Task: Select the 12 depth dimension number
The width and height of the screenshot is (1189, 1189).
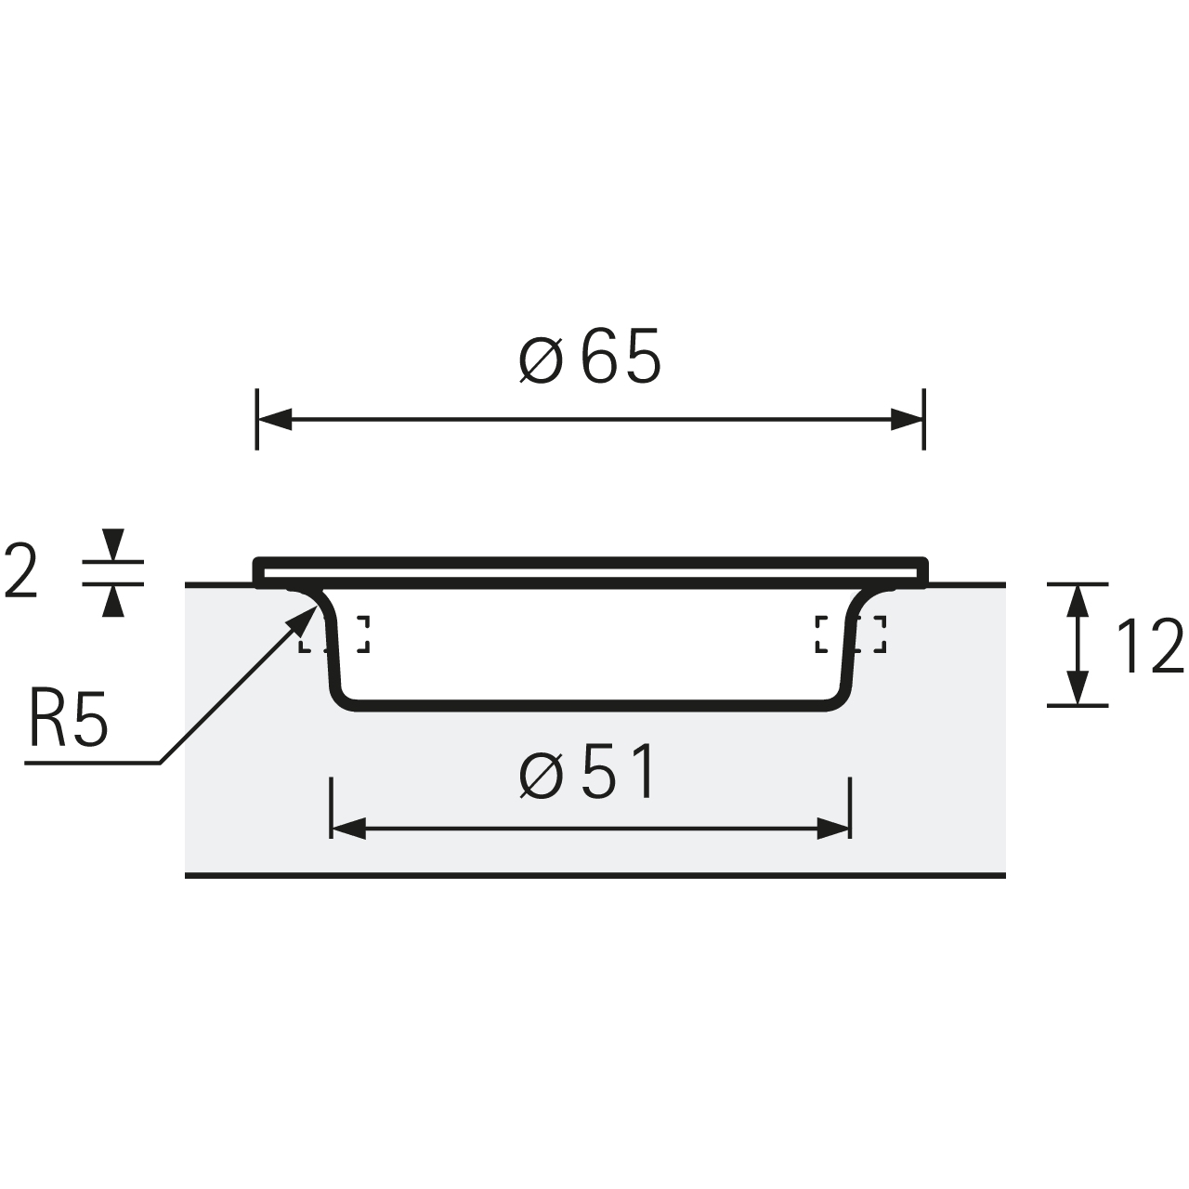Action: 1149,646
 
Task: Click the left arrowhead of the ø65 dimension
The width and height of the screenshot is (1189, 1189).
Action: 274,420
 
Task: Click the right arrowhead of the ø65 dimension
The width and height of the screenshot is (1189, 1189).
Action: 907,420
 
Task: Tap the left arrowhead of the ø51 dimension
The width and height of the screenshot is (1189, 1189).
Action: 348,829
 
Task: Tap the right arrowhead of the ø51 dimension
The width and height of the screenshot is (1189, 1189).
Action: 833,829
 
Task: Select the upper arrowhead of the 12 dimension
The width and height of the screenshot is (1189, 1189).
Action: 1078,601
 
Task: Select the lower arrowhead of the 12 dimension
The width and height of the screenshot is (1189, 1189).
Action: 1078,688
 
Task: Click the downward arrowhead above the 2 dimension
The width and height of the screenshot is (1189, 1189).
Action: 113,545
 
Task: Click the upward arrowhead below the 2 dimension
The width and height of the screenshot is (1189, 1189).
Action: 113,600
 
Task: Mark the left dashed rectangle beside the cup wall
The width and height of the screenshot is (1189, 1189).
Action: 333,634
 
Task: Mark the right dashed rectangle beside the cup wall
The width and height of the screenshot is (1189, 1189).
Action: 850,634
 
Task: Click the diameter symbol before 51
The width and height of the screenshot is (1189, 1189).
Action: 542,775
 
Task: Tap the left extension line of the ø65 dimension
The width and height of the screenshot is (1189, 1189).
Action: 256,420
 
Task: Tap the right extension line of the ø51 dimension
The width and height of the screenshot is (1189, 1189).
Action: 850,808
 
